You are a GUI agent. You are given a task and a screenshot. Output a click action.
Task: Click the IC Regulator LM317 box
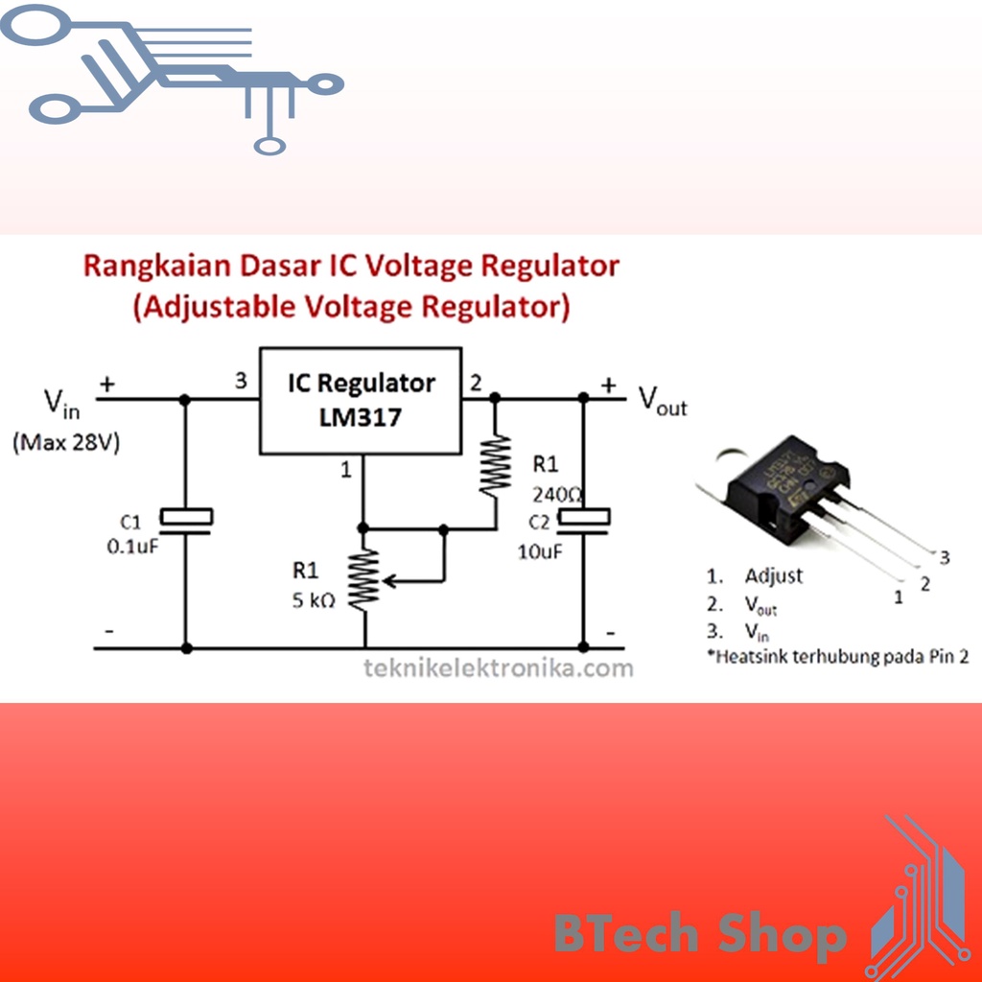[x=361, y=400]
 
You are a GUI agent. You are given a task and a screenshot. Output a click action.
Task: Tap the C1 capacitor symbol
[x=185, y=517]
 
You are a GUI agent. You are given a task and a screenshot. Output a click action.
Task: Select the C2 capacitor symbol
[x=583, y=519]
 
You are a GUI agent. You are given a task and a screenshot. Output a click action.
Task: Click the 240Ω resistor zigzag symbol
[x=495, y=465]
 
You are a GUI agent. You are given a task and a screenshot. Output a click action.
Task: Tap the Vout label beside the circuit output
[x=663, y=400]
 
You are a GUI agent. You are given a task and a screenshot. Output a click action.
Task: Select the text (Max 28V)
[x=65, y=445]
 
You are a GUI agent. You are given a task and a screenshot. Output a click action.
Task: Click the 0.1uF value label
[x=132, y=548]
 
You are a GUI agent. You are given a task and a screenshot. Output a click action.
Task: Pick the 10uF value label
[x=540, y=551]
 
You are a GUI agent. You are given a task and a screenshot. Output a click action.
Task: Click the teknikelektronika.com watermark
[x=498, y=667]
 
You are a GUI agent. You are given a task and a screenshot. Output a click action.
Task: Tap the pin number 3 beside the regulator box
[x=241, y=382]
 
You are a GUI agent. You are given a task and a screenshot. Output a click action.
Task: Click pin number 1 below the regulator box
[x=347, y=469]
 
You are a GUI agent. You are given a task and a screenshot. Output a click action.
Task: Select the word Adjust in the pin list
[x=774, y=576]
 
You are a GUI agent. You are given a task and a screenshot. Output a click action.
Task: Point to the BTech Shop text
[x=700, y=934]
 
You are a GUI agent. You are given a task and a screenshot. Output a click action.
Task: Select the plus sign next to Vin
[x=107, y=384]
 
